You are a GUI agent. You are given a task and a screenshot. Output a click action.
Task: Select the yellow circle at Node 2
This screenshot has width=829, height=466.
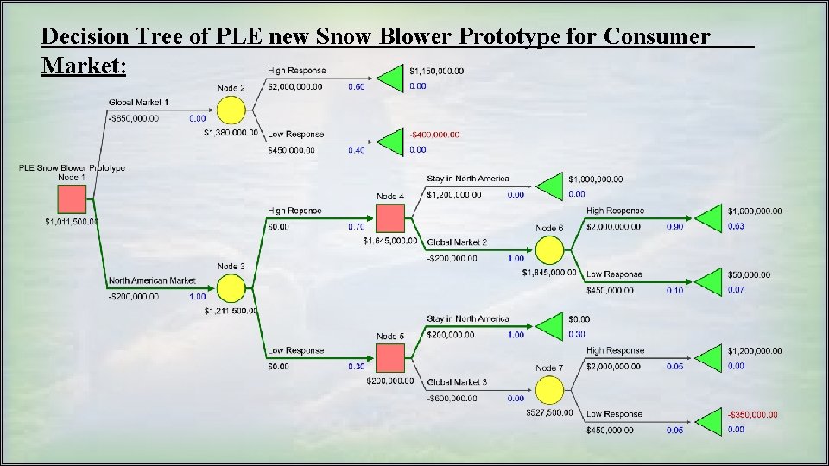pos(230,110)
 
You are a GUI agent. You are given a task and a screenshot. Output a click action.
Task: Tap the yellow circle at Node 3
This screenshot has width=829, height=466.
pos(230,288)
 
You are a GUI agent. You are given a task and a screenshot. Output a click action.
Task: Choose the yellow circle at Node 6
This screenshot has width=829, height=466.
pos(548,250)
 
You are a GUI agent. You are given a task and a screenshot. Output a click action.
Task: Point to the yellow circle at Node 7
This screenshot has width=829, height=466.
pos(548,390)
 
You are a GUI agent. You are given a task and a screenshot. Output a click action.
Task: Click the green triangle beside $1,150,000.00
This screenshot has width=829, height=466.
pos(393,78)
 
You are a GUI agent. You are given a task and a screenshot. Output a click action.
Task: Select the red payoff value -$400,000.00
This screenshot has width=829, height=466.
pos(434,135)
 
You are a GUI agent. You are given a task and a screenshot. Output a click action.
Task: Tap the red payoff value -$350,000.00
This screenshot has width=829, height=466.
pos(752,414)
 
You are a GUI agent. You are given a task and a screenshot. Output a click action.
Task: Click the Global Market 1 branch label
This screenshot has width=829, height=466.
pos(139,103)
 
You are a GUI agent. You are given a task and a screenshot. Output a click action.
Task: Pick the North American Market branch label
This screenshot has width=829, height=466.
pos(152,280)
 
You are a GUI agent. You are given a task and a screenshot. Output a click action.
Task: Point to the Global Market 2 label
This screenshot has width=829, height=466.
pos(457,242)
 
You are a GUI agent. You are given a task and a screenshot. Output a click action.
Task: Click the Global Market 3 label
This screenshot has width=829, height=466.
pos(457,382)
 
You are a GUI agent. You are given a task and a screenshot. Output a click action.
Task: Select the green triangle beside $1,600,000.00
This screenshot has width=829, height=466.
pos(710,218)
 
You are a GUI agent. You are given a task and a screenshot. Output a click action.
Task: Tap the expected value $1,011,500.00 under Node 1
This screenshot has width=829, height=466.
pos(73,222)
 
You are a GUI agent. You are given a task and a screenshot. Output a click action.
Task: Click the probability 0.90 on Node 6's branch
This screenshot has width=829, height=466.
pos(674,226)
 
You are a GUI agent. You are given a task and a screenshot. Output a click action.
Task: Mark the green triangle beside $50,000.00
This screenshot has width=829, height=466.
pos(710,282)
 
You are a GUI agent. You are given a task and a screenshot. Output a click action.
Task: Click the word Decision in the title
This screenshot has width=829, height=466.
pos(79,36)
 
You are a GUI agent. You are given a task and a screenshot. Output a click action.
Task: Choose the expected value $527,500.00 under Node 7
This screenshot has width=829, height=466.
pos(549,412)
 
